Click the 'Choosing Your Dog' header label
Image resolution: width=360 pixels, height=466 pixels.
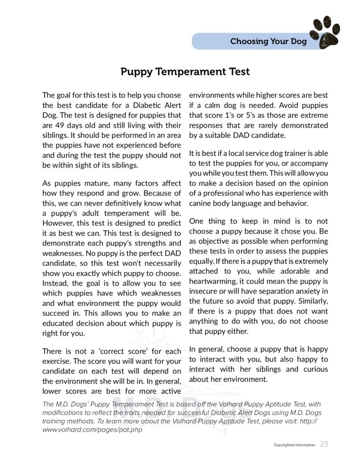click(269, 41)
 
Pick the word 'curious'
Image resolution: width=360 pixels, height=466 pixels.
click(313, 369)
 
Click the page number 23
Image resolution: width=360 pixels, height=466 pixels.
click(324, 444)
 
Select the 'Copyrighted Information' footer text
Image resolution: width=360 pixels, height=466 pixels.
click(294, 445)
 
